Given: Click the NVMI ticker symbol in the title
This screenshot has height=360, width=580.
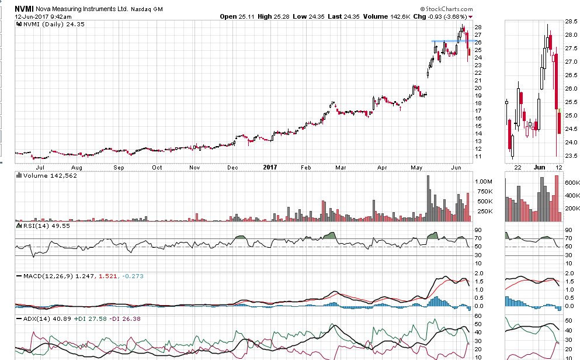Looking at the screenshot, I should (x=24, y=8).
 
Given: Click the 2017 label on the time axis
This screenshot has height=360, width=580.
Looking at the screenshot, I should (x=270, y=167).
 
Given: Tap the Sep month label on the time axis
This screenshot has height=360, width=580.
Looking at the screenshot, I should (x=119, y=167).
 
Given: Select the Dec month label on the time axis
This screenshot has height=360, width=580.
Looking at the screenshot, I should (x=232, y=167).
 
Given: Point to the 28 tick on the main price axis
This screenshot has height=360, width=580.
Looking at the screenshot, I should (x=478, y=27).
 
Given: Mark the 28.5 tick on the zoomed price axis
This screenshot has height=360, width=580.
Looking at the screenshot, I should (x=571, y=22).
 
